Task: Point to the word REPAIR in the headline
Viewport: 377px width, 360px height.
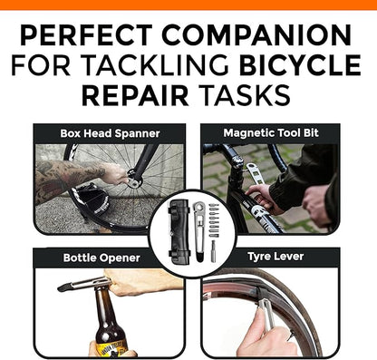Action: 138,95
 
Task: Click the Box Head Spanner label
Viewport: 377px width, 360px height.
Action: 111,133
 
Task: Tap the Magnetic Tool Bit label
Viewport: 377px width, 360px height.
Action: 267,133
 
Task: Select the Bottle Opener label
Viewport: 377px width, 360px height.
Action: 101,258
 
